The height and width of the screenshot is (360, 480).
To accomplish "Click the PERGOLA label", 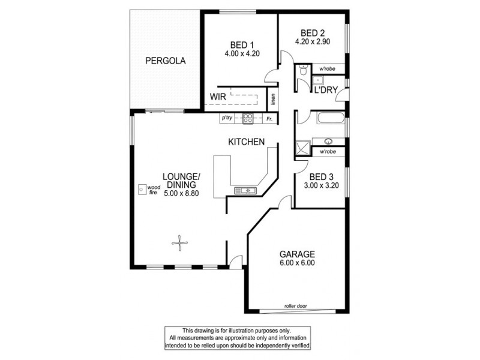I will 165,61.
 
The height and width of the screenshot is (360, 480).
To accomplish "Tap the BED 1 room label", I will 243,44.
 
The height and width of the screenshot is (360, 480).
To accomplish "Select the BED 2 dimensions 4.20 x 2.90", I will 313,42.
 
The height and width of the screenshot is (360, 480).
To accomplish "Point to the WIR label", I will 217,97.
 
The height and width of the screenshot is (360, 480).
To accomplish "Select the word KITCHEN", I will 246,142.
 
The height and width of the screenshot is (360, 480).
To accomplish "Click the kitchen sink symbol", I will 246,191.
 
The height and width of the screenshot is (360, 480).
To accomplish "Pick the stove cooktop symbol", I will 247,118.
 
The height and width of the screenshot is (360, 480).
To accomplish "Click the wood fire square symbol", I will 142,190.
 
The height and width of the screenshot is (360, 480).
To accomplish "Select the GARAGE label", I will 296,254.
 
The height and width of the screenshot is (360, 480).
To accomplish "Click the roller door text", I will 297,307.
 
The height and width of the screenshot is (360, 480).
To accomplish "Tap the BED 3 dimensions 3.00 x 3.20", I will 321,186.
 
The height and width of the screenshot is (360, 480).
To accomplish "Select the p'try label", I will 227,118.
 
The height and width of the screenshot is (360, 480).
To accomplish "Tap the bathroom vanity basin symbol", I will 328,142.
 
